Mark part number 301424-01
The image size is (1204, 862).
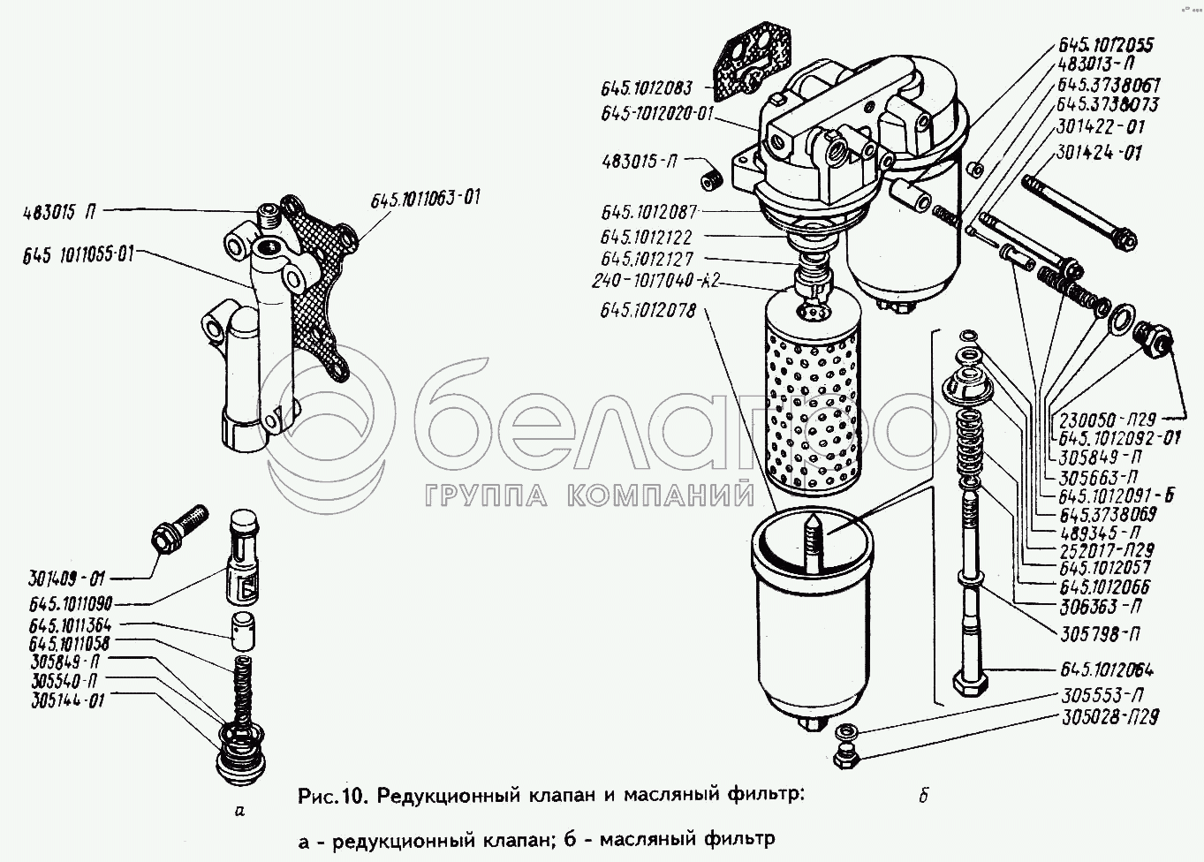click(1097, 153)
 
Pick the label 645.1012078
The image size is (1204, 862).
click(648, 311)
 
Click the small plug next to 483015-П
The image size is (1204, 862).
click(711, 180)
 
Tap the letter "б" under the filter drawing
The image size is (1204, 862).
click(922, 796)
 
